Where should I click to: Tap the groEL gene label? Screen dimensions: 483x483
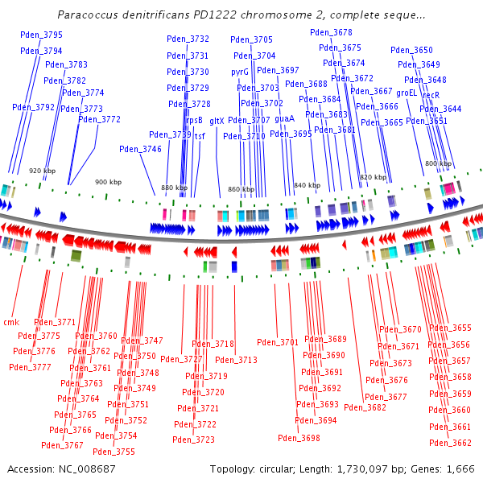(x=407, y=93)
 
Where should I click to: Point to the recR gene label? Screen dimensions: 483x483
(x=431, y=94)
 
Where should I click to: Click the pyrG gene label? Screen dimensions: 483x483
(x=240, y=72)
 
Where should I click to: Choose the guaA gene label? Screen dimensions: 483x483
(x=284, y=118)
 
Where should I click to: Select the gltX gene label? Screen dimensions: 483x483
(x=217, y=121)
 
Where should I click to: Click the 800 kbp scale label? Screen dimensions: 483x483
(x=438, y=163)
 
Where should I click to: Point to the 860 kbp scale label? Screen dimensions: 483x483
(x=241, y=190)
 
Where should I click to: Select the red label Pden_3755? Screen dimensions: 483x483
(x=114, y=452)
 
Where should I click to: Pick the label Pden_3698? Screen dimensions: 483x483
(x=299, y=438)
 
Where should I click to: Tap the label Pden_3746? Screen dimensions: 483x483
(x=140, y=149)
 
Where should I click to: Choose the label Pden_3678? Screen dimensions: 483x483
(x=331, y=32)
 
